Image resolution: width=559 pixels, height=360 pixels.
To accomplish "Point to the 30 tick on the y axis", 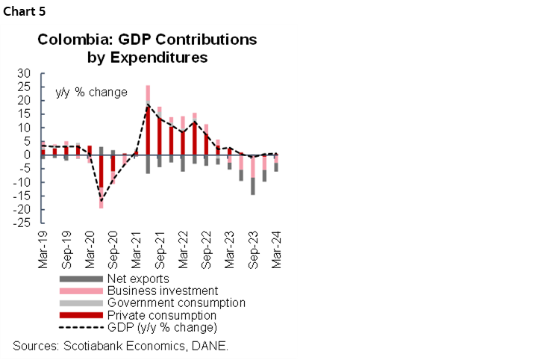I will (x=26, y=73).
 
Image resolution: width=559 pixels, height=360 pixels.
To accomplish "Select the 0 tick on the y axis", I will (x=29, y=155).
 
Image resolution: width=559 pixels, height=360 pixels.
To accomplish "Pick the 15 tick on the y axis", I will (x=26, y=114).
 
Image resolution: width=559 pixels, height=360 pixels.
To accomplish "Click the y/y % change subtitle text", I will (x=91, y=93).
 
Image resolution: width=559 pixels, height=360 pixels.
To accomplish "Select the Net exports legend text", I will (x=138, y=279).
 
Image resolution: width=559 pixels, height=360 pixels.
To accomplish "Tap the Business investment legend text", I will (x=162, y=291).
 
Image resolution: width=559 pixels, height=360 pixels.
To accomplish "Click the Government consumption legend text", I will (x=176, y=302).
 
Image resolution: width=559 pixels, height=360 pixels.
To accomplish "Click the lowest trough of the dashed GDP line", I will (x=102, y=201).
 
